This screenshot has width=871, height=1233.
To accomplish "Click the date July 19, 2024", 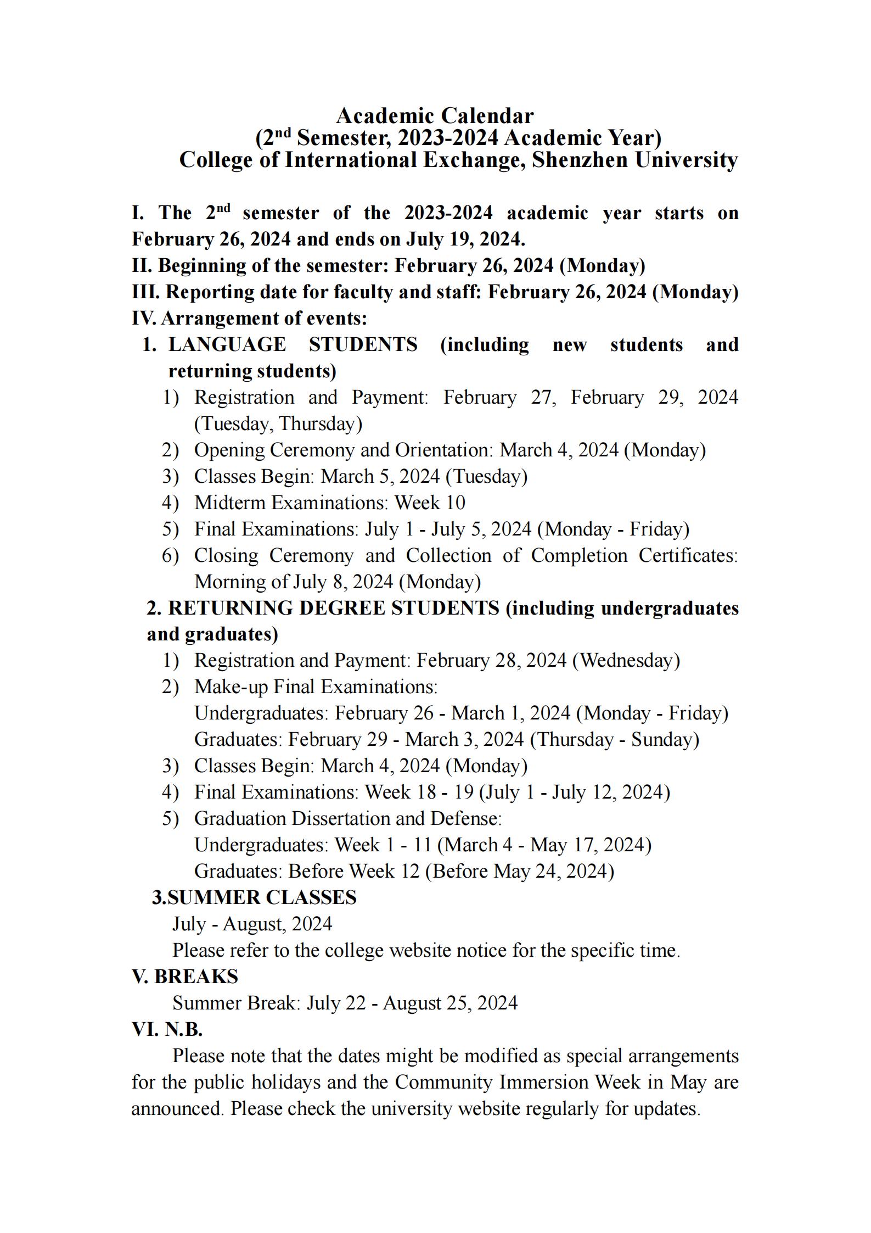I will pyautogui.click(x=465, y=239).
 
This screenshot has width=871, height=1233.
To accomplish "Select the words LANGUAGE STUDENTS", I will pyautogui.click(x=293, y=345).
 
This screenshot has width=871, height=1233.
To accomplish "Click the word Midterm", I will pyautogui.click(x=231, y=503).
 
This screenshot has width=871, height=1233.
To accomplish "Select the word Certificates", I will pyautogui.click(x=687, y=555).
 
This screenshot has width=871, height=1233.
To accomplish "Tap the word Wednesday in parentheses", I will pyautogui.click(x=626, y=660).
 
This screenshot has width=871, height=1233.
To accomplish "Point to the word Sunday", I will pyautogui.click(x=664, y=739).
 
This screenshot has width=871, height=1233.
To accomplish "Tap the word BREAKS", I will pyautogui.click(x=196, y=977).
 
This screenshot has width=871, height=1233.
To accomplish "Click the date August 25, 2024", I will pyautogui.click(x=450, y=1003).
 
